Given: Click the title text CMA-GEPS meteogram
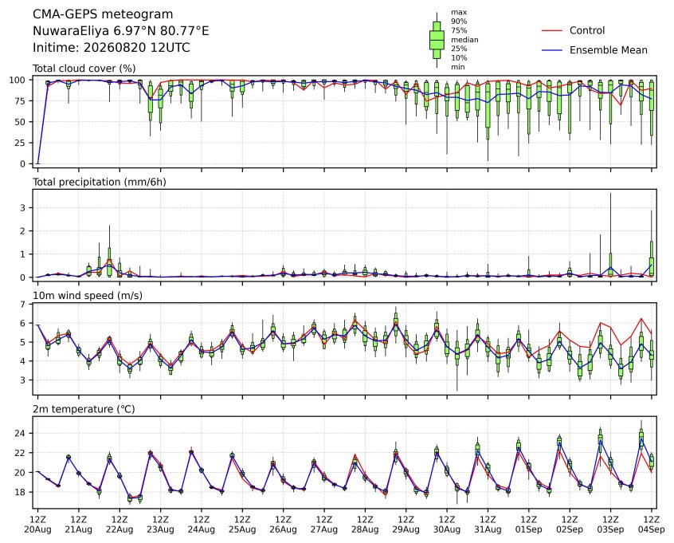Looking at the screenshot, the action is point(103,14).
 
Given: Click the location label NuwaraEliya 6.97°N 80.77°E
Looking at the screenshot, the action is point(121,31).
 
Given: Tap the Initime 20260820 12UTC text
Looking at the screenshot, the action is point(112,47).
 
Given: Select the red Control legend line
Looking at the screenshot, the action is point(552,30).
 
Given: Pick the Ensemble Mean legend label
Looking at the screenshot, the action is point(608,50).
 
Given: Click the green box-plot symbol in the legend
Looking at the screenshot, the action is point(437,40).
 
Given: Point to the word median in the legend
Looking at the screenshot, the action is point(464,40).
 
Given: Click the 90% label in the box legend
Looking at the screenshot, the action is point(459,21).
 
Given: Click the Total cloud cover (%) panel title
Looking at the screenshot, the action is point(84,69).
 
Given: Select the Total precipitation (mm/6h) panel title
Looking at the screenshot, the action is point(100,182).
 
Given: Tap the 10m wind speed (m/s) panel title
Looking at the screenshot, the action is point(88,296).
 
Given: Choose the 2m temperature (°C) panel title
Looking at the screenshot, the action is point(84,409).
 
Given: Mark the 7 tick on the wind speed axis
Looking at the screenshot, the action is point(23,305).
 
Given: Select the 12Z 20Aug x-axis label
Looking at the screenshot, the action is point(37,525).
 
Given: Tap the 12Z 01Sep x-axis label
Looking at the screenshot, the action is point(529,525).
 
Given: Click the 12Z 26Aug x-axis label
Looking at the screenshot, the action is point(284,525).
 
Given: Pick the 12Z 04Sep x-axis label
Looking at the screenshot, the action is point(652,525).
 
